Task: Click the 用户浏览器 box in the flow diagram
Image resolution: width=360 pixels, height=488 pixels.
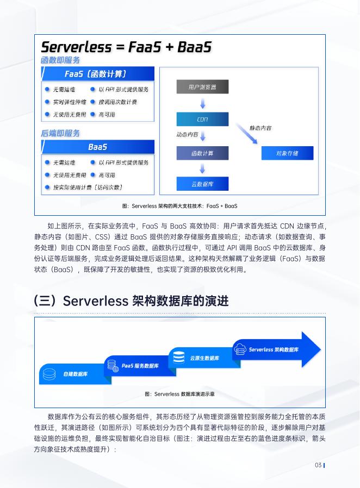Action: [202, 87]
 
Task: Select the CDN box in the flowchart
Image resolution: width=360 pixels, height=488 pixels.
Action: [202, 120]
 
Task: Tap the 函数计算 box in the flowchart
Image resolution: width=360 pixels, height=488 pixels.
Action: [202, 153]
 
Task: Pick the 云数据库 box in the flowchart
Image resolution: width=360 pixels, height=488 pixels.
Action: [202, 184]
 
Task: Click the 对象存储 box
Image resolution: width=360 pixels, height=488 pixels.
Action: [287, 153]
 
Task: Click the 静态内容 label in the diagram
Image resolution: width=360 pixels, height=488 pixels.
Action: [260, 128]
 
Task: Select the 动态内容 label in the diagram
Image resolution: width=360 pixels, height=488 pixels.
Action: [187, 134]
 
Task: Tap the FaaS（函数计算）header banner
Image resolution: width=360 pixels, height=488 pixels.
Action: [98, 74]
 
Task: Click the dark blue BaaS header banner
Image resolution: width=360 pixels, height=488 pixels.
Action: [98, 147]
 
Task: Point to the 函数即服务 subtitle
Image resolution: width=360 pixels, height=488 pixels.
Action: [60, 60]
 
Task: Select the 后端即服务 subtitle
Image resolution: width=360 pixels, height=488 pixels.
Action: [60, 133]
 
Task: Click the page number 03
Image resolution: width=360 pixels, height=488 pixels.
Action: [318, 465]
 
